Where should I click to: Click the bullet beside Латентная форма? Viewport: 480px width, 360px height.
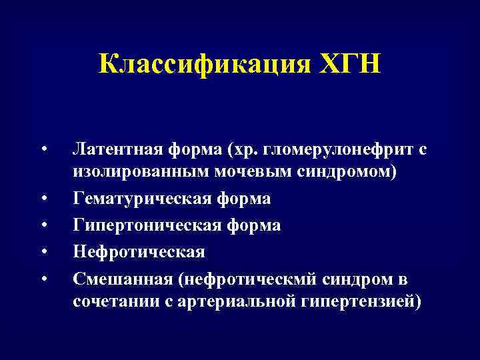coord(43,147)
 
